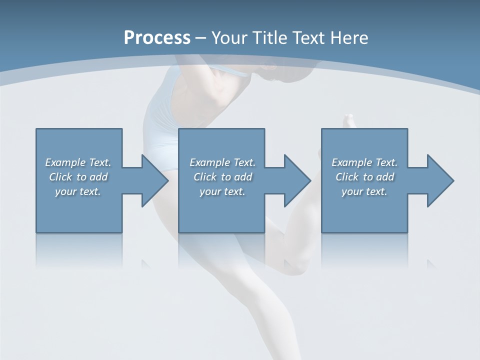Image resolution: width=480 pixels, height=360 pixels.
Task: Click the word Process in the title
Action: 157,38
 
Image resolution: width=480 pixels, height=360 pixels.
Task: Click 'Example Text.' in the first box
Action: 78,162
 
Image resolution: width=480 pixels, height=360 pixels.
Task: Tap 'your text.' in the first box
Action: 78,191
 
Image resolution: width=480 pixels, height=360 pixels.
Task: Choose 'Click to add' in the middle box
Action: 222,177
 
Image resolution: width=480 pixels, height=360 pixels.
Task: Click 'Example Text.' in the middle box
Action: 222,162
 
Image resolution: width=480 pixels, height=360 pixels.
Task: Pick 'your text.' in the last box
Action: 364,191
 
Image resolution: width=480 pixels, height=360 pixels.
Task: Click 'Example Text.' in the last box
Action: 364,162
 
